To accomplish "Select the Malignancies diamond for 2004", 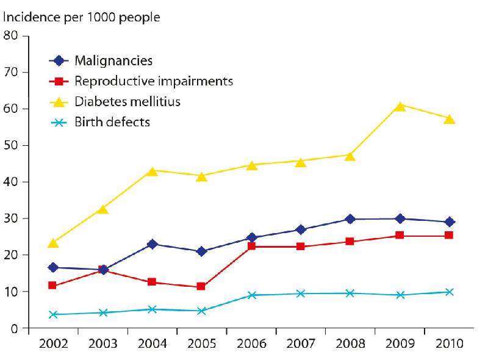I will tap(152, 244).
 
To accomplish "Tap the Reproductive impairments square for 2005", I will tap(201, 286).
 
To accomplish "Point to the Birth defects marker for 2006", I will tap(251, 295).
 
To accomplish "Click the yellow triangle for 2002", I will tap(53, 243).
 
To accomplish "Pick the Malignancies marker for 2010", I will tap(450, 221).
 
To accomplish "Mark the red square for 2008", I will tap(350, 241).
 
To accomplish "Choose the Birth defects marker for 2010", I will tap(450, 292).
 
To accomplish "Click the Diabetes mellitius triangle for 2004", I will tap(152, 171).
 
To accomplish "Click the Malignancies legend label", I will tap(113, 60).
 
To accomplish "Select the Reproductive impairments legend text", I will tap(154, 81).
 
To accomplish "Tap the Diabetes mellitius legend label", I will tap(127, 101).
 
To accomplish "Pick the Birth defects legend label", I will tap(112, 122).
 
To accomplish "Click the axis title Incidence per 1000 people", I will tap(82, 16).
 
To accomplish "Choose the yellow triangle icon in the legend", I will tap(59, 101).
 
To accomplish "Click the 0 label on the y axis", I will tap(15, 329).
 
